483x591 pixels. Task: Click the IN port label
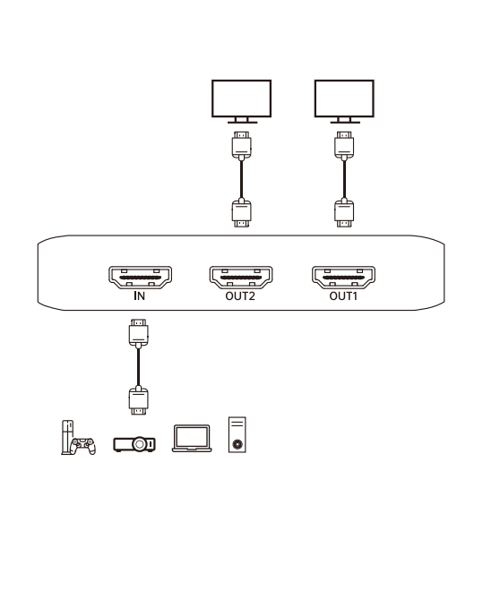click(140, 295)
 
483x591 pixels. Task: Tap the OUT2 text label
click(240, 296)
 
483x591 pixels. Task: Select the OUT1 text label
click(343, 296)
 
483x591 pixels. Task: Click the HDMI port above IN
click(141, 278)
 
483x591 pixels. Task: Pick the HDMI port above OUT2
click(241, 278)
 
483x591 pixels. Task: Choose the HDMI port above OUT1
click(343, 278)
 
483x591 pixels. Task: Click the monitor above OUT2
click(241, 101)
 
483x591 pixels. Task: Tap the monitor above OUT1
click(344, 101)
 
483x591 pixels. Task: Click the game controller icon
click(83, 446)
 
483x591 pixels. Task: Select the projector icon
click(134, 444)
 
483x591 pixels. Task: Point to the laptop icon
click(192, 439)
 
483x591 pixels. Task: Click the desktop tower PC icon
click(237, 434)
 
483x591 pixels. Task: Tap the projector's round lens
click(140, 444)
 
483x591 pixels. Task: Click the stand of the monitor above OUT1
click(345, 121)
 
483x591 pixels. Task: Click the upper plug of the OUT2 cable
click(241, 145)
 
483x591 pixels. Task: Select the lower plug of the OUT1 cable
click(344, 213)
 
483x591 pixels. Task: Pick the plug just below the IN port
click(138, 333)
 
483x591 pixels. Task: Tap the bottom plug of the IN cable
click(138, 400)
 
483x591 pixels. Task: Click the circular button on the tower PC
click(237, 444)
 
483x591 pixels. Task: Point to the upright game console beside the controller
click(67, 437)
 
